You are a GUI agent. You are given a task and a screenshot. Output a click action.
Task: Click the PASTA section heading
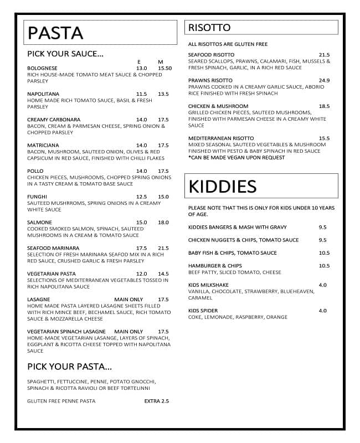point(55,33)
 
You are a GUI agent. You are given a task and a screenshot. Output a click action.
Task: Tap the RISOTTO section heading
point(209,28)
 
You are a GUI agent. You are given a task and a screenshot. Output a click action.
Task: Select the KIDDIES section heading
point(222,187)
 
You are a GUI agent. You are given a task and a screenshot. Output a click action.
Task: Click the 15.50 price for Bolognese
point(165,68)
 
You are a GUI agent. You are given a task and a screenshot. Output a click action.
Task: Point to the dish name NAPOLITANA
point(43,94)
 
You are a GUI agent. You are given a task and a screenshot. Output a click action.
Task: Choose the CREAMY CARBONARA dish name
point(54,120)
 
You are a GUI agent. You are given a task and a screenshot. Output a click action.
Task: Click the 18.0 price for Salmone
point(163,223)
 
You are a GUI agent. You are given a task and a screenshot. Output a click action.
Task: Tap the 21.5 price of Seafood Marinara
point(163,248)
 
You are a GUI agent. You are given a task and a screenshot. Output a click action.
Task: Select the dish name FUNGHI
point(37,197)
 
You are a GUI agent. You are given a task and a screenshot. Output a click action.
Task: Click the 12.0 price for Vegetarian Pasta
point(141,274)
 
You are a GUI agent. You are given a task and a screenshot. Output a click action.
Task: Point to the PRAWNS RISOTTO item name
point(210,80)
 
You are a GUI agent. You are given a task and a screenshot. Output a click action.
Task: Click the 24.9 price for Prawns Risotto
point(324,80)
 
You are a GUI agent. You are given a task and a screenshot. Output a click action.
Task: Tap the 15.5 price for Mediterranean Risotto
point(324,138)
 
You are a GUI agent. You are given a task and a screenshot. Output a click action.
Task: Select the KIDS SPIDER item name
point(203,311)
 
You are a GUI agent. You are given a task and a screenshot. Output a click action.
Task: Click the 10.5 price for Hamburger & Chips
point(324,266)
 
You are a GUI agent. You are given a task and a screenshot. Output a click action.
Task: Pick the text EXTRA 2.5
point(156,401)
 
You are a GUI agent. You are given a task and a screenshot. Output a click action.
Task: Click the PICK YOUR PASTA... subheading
point(70,367)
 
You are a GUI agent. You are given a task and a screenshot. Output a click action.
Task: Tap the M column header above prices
point(160,61)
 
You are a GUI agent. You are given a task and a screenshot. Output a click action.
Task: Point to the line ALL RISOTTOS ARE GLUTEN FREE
point(228,44)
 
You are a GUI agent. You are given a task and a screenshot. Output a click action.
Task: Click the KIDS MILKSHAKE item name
point(208,285)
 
